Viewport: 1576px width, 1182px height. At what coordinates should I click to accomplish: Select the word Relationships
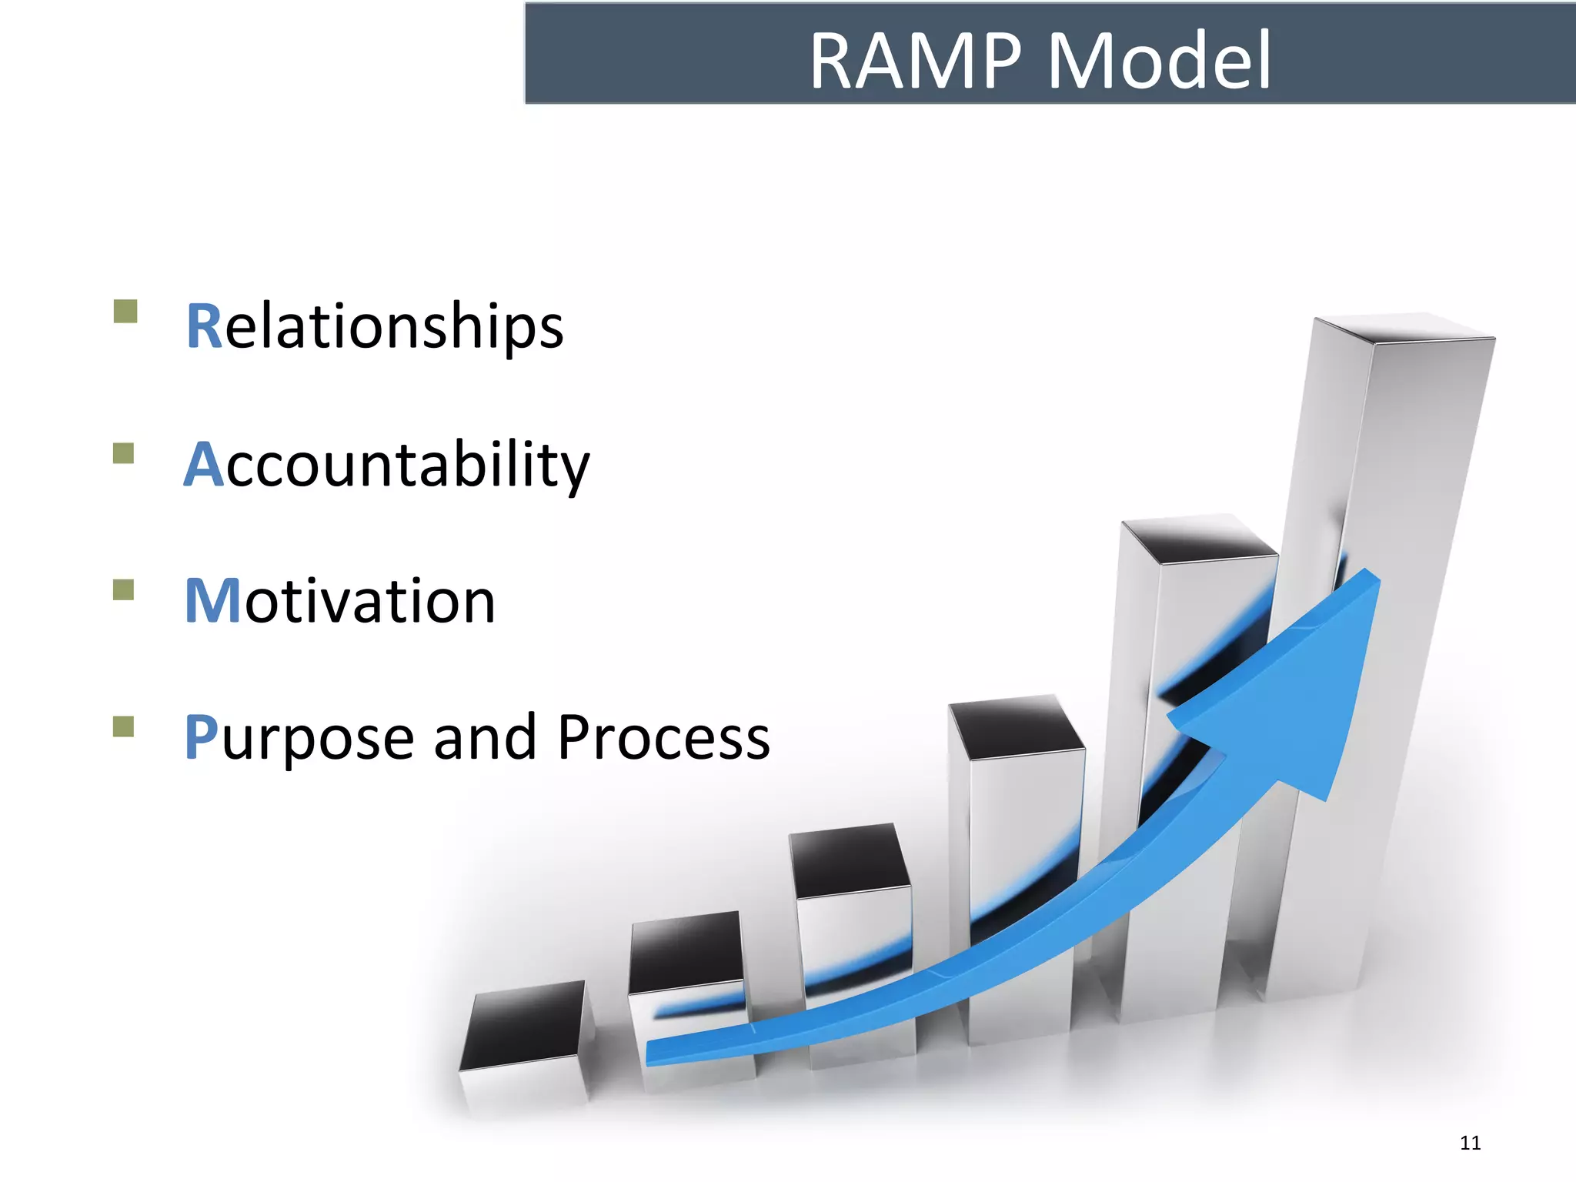(x=376, y=327)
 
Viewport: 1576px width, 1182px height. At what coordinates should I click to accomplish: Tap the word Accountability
(x=387, y=466)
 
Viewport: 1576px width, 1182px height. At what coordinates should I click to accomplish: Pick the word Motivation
(x=340, y=602)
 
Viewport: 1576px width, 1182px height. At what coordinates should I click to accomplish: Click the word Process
(x=663, y=737)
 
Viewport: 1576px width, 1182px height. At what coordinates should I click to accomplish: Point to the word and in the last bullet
(x=485, y=737)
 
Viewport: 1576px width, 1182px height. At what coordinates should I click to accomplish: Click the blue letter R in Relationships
(x=204, y=327)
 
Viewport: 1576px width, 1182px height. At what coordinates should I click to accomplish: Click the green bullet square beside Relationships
(x=125, y=312)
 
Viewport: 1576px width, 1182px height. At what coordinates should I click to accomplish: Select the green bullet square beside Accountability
(x=123, y=452)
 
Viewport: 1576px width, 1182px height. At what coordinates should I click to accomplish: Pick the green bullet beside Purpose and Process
(x=123, y=726)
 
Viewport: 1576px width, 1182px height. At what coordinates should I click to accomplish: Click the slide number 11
(x=1470, y=1143)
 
